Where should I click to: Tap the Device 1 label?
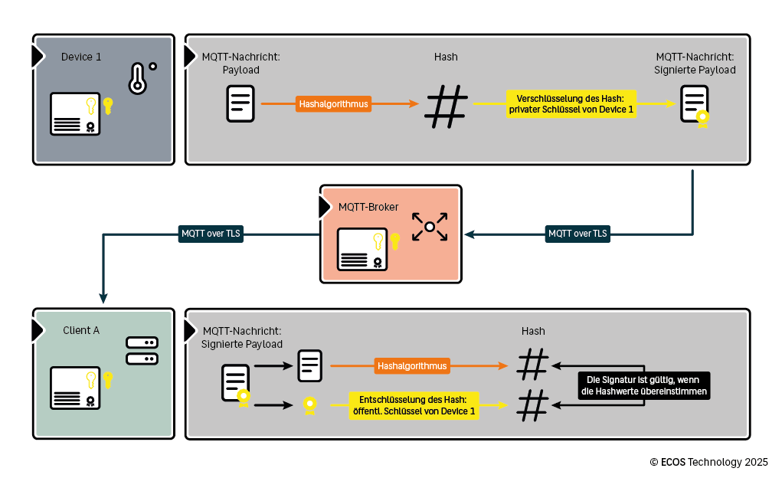(x=81, y=57)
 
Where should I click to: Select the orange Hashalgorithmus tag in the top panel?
(x=333, y=104)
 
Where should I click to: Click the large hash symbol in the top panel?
(x=447, y=106)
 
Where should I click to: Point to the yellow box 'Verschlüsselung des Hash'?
(x=571, y=104)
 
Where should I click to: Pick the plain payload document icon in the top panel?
(x=240, y=103)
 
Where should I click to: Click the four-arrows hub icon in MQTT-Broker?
(x=429, y=227)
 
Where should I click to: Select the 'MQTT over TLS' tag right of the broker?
(x=578, y=234)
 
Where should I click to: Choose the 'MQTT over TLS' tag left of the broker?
(x=210, y=234)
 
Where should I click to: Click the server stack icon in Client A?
(x=142, y=351)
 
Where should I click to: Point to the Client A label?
(x=81, y=330)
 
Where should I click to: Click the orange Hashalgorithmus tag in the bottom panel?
(x=412, y=366)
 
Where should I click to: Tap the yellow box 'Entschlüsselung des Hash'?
(x=414, y=405)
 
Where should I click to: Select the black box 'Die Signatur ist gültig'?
(x=644, y=385)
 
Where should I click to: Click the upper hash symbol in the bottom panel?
(x=533, y=365)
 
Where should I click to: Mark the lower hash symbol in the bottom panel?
(x=533, y=405)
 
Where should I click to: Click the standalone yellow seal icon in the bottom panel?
(x=309, y=405)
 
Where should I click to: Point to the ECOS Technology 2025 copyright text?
(x=708, y=462)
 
